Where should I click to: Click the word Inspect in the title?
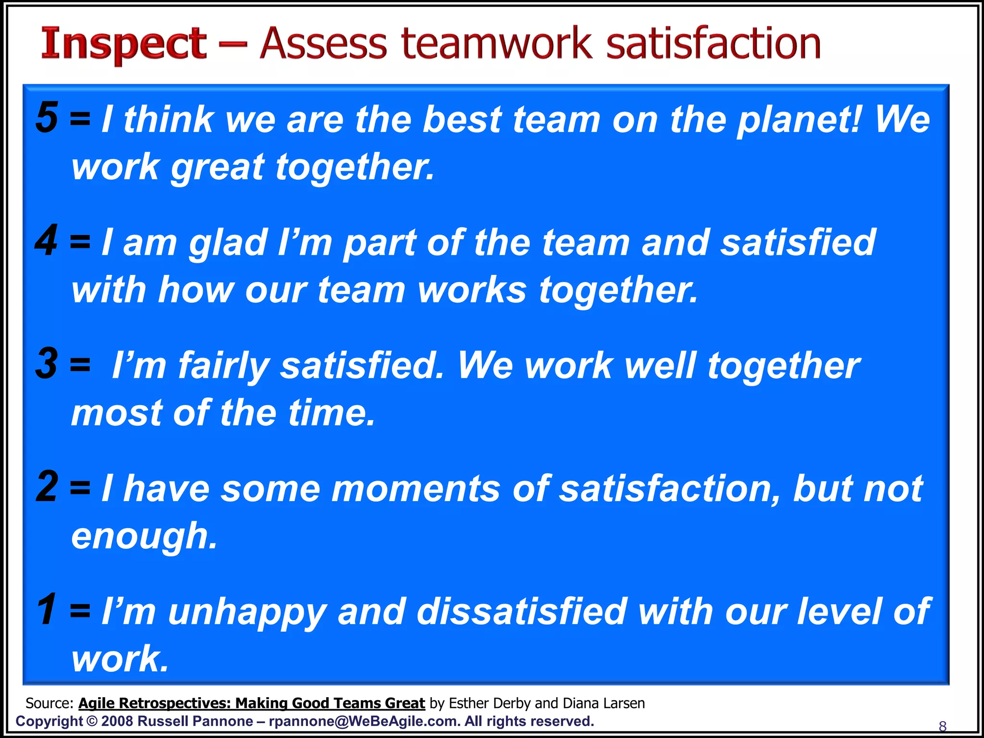pos(124,45)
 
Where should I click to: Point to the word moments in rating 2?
pos(416,489)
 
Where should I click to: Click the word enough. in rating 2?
pos(144,537)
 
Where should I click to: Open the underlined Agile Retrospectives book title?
pos(251,703)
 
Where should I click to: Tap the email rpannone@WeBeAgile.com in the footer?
pos(363,721)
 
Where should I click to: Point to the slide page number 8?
pos(943,726)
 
